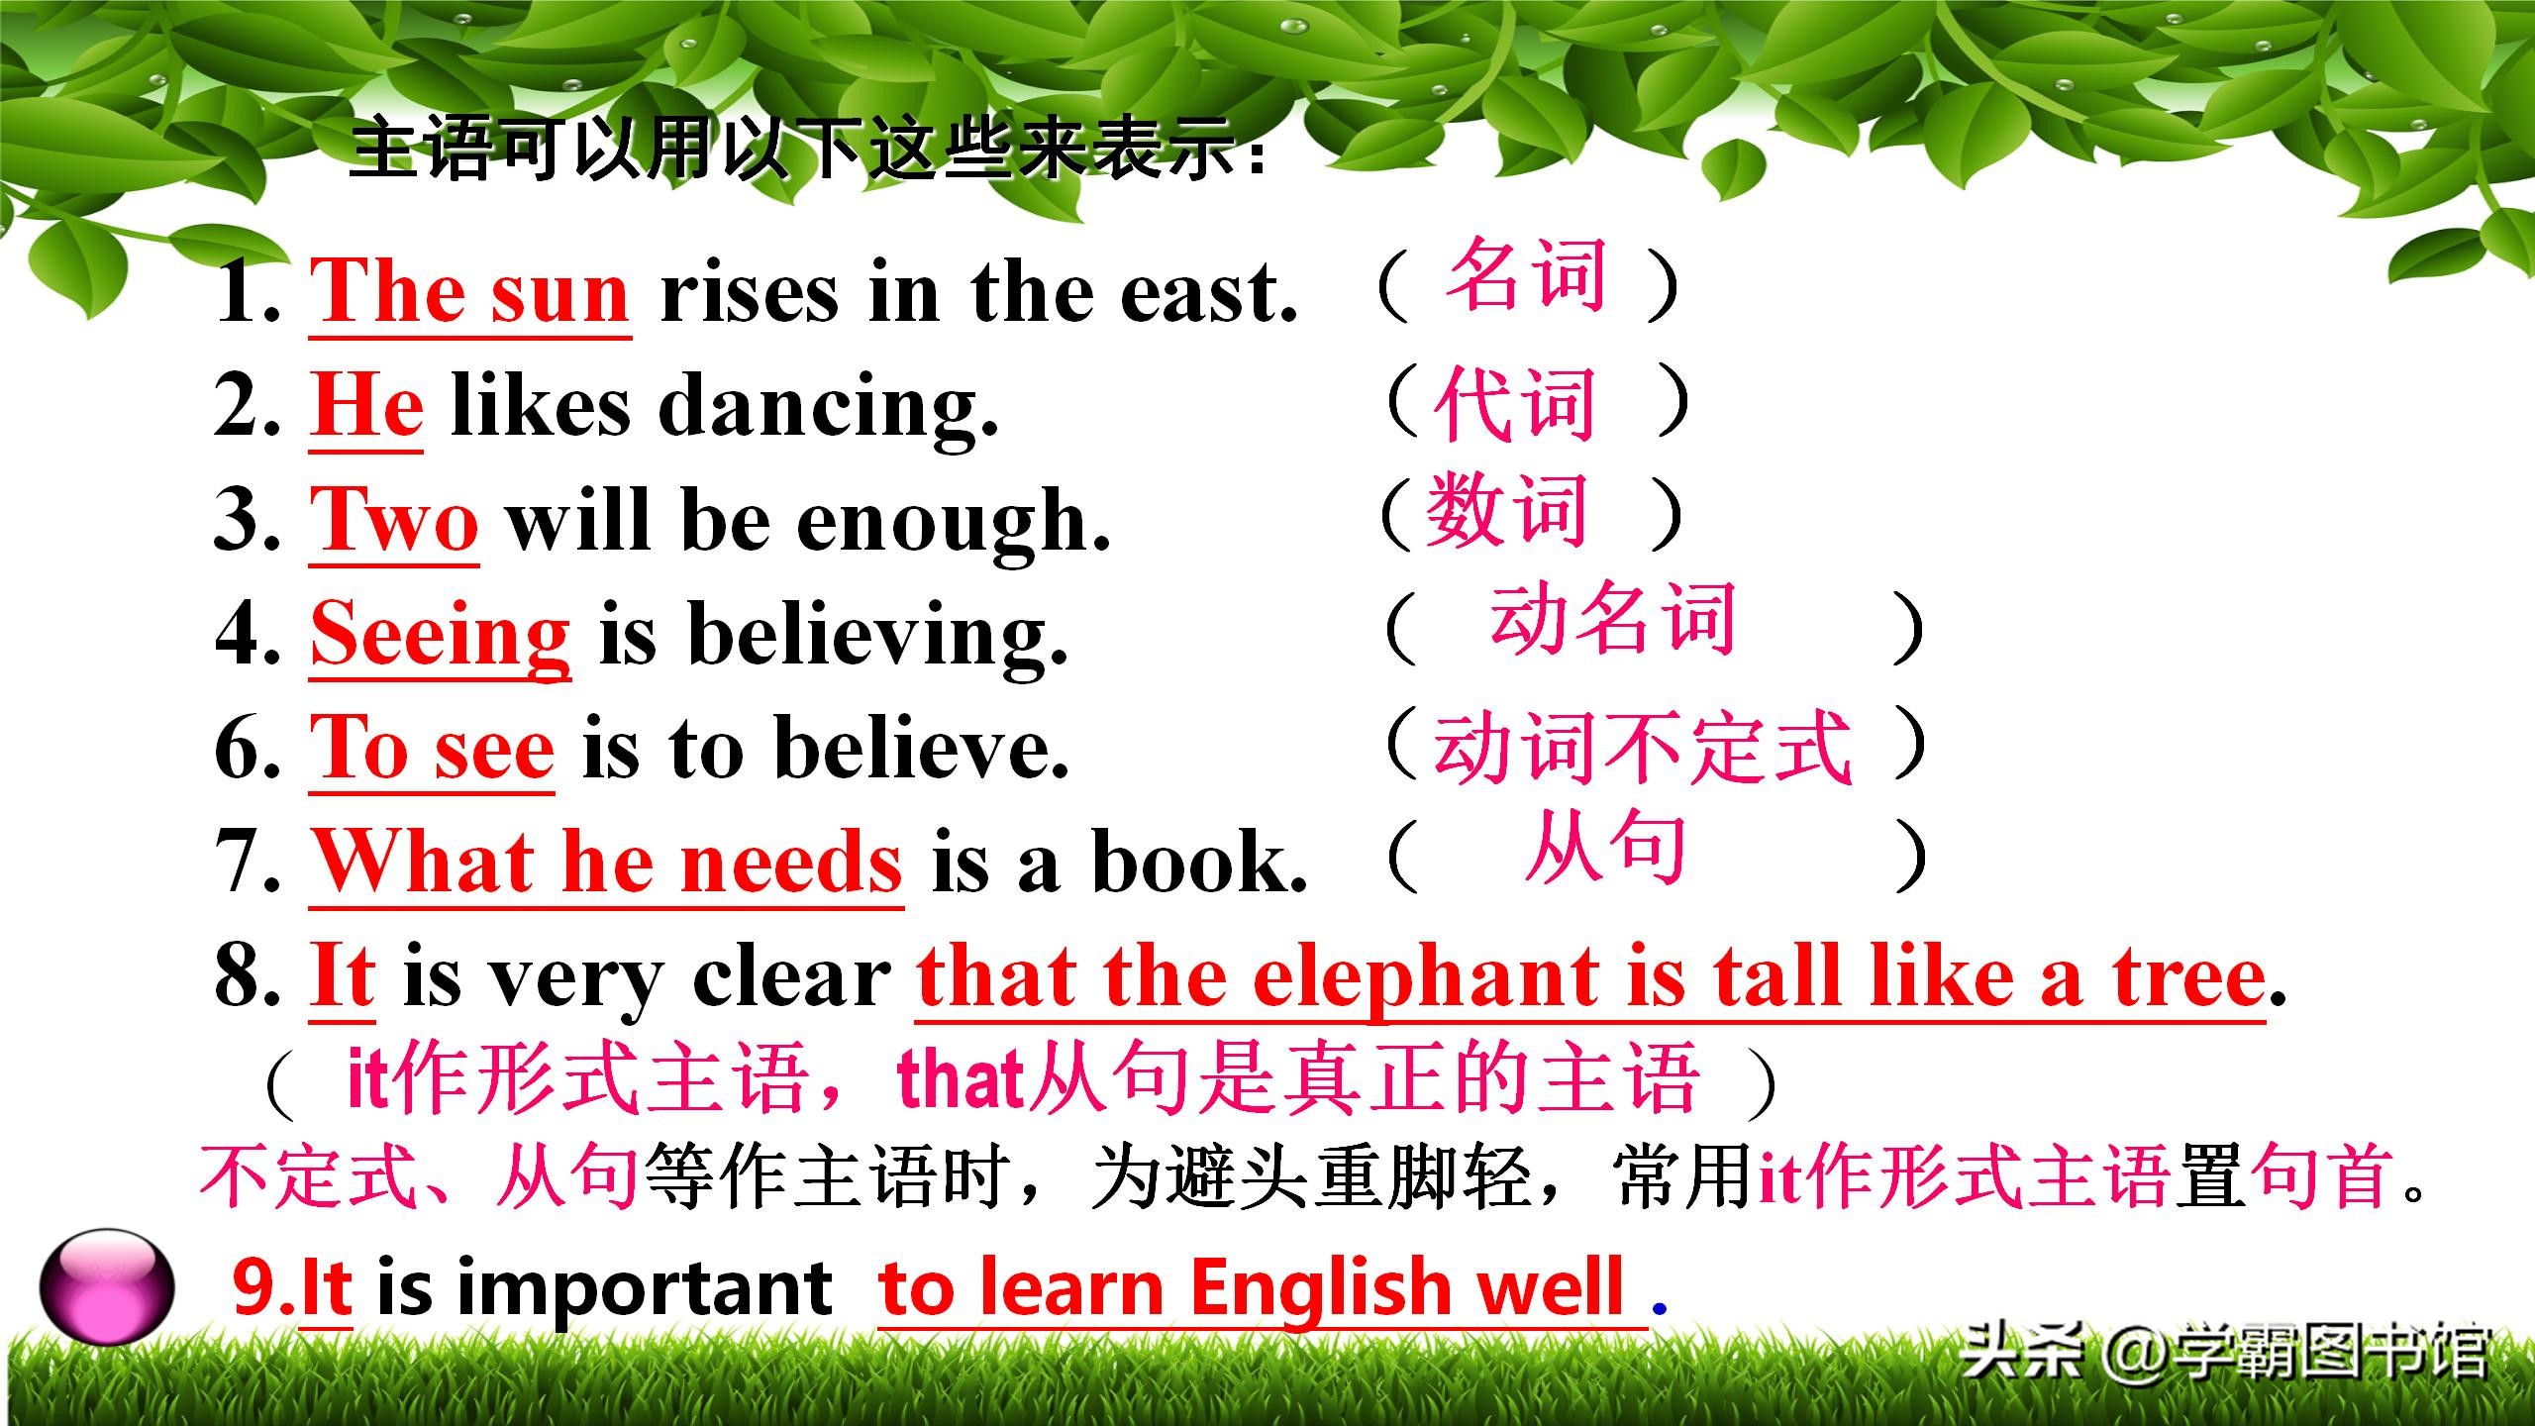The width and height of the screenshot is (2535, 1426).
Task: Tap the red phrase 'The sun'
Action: click(x=470, y=292)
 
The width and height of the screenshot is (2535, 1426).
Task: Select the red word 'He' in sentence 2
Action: click(x=367, y=406)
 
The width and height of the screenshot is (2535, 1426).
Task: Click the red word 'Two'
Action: click(x=395, y=521)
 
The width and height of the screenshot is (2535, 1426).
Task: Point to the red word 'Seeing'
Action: click(x=441, y=637)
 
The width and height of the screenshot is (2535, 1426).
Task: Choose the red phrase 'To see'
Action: click(x=433, y=749)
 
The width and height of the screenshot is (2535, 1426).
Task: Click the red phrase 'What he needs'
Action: click(x=607, y=861)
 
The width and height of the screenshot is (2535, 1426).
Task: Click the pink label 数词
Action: click(x=1506, y=509)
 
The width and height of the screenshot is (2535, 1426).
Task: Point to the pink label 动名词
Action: click(x=1613, y=619)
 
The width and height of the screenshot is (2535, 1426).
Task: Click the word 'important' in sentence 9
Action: click(x=645, y=1288)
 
